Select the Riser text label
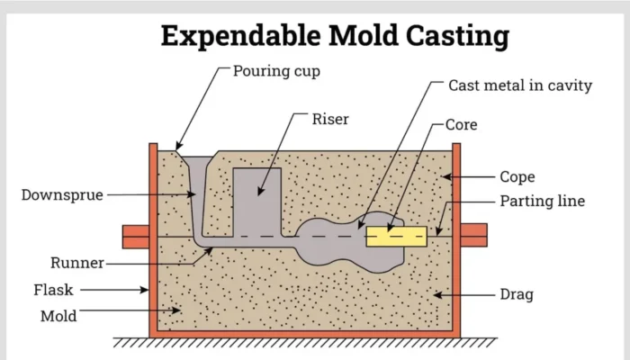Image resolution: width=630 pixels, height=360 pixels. tap(329, 118)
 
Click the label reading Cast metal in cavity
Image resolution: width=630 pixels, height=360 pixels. tap(520, 85)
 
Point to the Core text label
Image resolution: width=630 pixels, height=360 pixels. tap(461, 124)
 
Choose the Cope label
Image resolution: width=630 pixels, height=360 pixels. tap(517, 177)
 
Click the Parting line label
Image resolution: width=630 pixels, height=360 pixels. tap(542, 201)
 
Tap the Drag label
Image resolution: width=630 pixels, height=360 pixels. tap(517, 293)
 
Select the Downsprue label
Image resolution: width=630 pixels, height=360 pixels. tap(60, 193)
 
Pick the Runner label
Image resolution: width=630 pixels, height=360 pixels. tap(76, 263)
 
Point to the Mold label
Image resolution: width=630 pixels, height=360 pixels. tap(58, 316)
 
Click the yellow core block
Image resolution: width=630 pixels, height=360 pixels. tap(395, 237)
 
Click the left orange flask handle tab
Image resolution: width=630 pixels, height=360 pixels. tap(135, 236)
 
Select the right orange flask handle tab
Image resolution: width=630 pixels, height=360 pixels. tap(474, 236)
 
